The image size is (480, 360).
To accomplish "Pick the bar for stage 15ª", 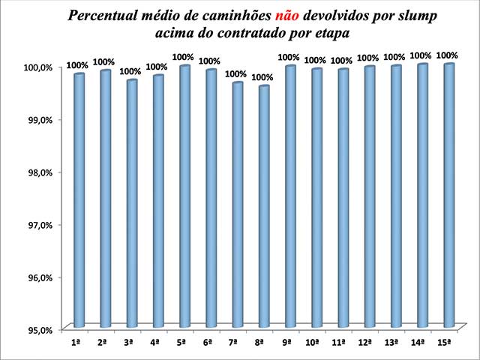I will click(448, 196).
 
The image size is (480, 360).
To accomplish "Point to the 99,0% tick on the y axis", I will click(36, 120).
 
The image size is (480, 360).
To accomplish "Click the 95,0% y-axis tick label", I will click(36, 330).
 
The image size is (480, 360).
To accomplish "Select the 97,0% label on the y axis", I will click(36, 225).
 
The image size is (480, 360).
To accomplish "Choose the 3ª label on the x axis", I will click(128, 342).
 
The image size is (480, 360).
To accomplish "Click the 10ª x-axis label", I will click(314, 342).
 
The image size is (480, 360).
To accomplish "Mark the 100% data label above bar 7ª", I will click(235, 73).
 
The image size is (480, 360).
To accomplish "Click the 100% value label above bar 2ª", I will click(103, 61).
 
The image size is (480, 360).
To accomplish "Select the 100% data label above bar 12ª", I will click(367, 58).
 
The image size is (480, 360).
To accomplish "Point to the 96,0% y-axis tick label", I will click(36, 277).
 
